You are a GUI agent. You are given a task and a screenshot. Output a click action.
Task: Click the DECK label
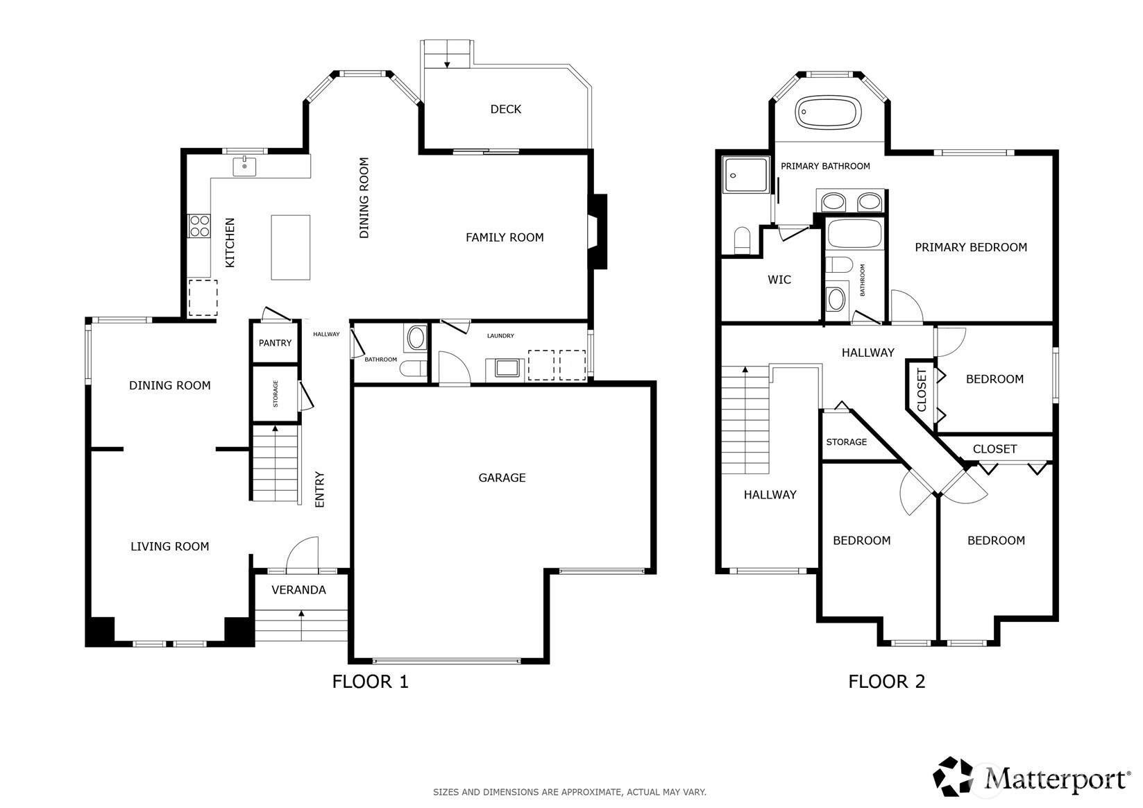[506, 109]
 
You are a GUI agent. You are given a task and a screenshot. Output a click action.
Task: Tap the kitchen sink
[244, 167]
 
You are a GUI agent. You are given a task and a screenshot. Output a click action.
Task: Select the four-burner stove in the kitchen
[199, 226]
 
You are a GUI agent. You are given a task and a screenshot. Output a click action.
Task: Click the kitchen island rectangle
[290, 248]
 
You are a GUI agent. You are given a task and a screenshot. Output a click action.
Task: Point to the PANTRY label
[275, 343]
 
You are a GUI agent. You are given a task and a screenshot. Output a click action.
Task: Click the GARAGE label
[502, 478]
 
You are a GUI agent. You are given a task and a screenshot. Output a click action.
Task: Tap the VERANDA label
[298, 590]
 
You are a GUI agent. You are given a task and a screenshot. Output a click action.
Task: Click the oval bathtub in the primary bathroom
[828, 112]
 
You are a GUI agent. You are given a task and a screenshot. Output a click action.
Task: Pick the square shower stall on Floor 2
[745, 174]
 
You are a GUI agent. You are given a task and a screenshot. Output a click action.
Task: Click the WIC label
[779, 280]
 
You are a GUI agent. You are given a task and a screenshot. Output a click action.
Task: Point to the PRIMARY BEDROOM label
[971, 248]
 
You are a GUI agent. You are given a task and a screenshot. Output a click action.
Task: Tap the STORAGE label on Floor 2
[847, 442]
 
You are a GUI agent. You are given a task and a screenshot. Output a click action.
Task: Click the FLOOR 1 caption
[371, 682]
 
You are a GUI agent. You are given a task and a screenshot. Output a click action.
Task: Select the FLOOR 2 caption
[887, 682]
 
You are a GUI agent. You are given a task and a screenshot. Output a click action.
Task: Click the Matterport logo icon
[953, 777]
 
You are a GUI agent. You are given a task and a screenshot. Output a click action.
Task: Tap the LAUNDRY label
[500, 336]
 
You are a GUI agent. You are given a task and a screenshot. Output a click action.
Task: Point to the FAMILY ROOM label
[505, 237]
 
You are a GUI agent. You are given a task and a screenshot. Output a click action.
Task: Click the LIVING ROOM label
[170, 547]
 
